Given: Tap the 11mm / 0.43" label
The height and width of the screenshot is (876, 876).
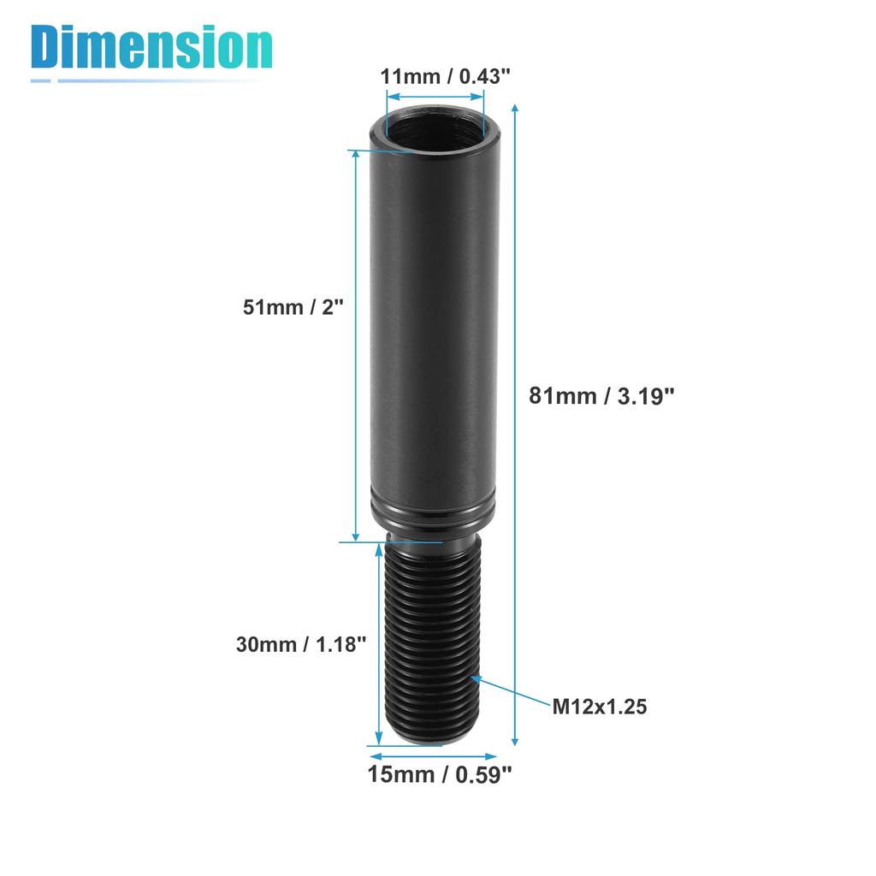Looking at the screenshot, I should coord(446,75).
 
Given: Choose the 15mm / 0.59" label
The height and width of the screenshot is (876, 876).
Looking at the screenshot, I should coord(440,775).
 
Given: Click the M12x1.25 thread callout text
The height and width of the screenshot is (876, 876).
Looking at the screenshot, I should coord(599,707).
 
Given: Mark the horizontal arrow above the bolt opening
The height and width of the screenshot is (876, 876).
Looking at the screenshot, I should coord(436,98).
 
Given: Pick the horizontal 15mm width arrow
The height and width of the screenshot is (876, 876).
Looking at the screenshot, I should coord(433,756).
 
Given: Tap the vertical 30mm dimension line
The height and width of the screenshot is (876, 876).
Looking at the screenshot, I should coord(379,643).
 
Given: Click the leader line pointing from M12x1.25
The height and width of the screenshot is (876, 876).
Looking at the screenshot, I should coord(513,691).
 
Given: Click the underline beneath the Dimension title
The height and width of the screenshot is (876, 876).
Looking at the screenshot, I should coord(145,80).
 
